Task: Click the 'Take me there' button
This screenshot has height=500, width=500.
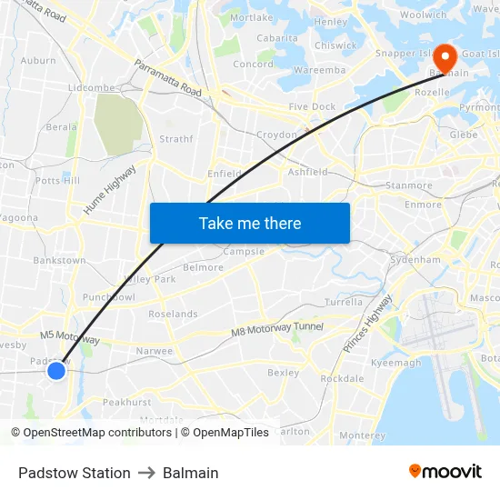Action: pyautogui.click(x=249, y=223)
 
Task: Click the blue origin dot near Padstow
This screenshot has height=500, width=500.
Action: pyautogui.click(x=56, y=370)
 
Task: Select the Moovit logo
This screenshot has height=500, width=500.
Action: pyautogui.click(x=445, y=472)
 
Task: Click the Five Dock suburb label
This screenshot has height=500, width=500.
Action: pyautogui.click(x=312, y=106)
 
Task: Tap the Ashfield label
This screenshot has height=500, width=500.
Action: pyautogui.click(x=307, y=172)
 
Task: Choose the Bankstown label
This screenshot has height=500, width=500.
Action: pyautogui.click(x=59, y=260)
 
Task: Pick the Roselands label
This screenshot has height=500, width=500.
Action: pyautogui.click(x=173, y=314)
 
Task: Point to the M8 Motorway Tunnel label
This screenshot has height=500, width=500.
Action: pyautogui.click(x=277, y=332)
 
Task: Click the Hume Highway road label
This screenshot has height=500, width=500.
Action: pyautogui.click(x=110, y=190)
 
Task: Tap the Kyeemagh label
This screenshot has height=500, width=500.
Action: pyautogui.click(x=396, y=363)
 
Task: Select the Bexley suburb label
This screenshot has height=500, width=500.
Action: pyautogui.click(x=283, y=372)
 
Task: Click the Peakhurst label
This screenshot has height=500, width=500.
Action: pyautogui.click(x=126, y=401)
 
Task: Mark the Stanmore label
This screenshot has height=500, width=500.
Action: pyautogui.click(x=409, y=185)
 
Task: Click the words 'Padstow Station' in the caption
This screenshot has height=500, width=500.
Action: pyautogui.click(x=74, y=473)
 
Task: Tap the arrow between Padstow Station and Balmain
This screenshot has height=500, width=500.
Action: pyautogui.click(x=146, y=473)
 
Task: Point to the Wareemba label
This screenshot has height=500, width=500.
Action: pyautogui.click(x=319, y=69)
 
